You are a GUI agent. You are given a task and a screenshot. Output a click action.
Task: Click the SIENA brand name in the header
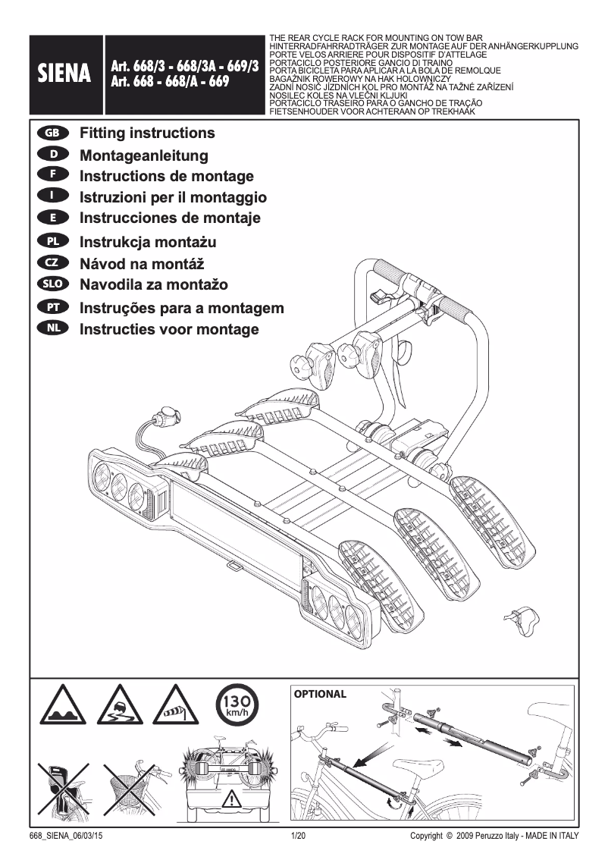pyautogui.click(x=65, y=74)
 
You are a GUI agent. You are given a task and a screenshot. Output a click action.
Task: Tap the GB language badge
pyautogui.click(x=52, y=133)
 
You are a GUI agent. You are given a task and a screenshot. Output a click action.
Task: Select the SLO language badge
pyautogui.click(x=52, y=285)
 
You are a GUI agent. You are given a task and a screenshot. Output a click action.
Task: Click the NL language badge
pyautogui.click(x=52, y=329)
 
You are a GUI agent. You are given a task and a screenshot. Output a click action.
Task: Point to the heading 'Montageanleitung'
pyautogui.click(x=143, y=155)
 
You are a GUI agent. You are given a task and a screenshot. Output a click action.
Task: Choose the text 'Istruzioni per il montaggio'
pyautogui.click(x=173, y=197)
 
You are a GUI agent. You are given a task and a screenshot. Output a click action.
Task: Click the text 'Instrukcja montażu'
pyautogui.click(x=148, y=243)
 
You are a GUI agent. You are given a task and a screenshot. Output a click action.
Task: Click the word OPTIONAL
pyautogui.click(x=320, y=694)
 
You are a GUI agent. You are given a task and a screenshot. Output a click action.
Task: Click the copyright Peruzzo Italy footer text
pyautogui.click(x=494, y=836)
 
